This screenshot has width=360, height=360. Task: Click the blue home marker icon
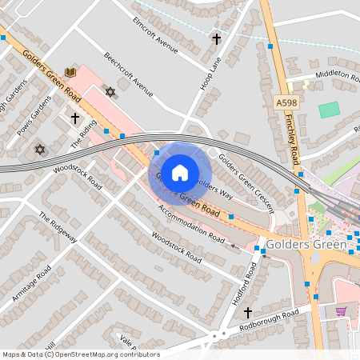(x=180, y=172)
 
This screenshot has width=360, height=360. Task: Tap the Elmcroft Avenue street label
(x=154, y=34)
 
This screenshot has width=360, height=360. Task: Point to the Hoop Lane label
(x=210, y=73)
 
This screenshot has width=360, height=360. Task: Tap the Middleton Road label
(x=336, y=74)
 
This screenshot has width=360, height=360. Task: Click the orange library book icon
(x=70, y=73)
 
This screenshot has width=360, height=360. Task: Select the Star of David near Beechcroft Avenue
(x=110, y=93)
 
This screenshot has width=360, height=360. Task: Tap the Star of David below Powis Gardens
(x=38, y=150)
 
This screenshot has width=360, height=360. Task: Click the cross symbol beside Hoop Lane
(x=216, y=38)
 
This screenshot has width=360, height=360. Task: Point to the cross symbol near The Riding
(x=75, y=118)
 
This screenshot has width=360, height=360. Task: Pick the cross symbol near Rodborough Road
(x=247, y=312)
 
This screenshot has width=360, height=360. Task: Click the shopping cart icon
(x=342, y=311)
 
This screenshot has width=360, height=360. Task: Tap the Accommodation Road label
(x=191, y=223)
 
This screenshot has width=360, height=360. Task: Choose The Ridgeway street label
(x=58, y=227)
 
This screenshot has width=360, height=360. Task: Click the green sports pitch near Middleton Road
(x=329, y=110)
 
